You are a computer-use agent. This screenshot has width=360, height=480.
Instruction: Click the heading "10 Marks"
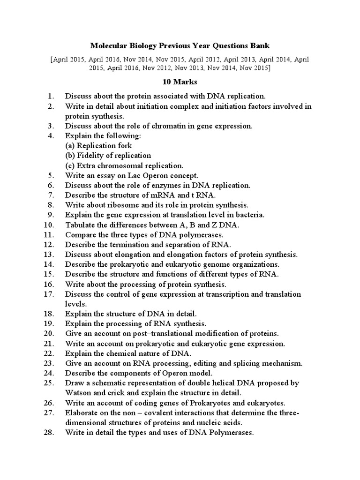(x=180, y=82)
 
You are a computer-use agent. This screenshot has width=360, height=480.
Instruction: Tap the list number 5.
(x=52, y=175)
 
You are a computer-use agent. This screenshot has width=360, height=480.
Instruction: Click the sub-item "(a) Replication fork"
(x=98, y=145)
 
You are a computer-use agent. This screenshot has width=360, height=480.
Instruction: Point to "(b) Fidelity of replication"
(x=108, y=155)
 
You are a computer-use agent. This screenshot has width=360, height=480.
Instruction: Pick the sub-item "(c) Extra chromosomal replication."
(x=124, y=165)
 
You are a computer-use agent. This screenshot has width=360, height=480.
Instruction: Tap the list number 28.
(x=50, y=433)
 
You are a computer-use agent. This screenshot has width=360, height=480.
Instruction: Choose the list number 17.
(x=50, y=294)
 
